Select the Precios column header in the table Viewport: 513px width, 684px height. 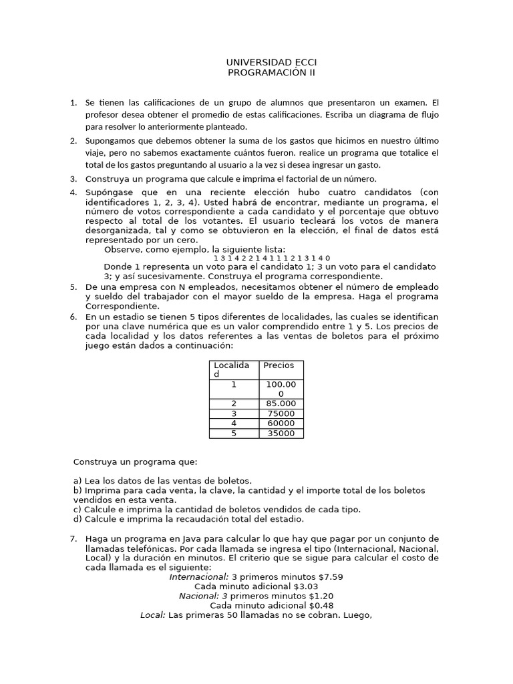tap(279, 365)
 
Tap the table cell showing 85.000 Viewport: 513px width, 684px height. tap(281, 403)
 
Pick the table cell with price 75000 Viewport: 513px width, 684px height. tap(281, 413)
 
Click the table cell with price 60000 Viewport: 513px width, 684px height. tap(281, 423)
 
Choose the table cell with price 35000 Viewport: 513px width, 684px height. tap(281, 434)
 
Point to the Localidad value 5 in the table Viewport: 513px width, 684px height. tap(234, 434)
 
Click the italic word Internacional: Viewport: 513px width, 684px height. tap(198, 576)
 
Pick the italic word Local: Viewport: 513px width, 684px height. tap(153, 615)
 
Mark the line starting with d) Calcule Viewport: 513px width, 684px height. tap(188, 519)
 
